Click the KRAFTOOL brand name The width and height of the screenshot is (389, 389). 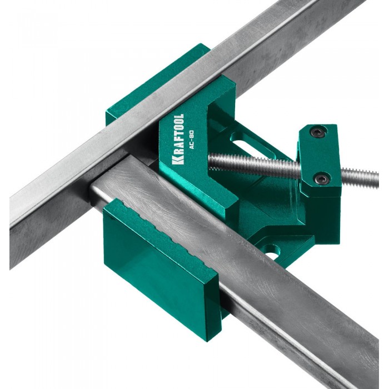[x=178, y=139]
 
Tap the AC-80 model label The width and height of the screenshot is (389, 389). [x=192, y=139]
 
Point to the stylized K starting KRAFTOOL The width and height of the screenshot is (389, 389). [x=178, y=161]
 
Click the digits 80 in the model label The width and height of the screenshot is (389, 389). [x=192, y=134]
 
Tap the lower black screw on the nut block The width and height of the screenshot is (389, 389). [x=322, y=178]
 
